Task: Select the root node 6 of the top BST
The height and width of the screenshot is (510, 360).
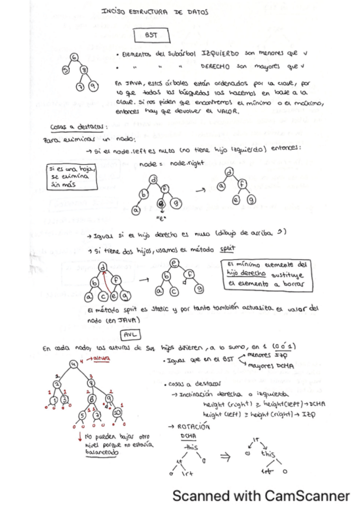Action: (x=74, y=57)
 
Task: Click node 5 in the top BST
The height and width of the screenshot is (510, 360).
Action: (x=65, y=70)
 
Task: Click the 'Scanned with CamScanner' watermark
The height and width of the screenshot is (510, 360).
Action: (x=261, y=496)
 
